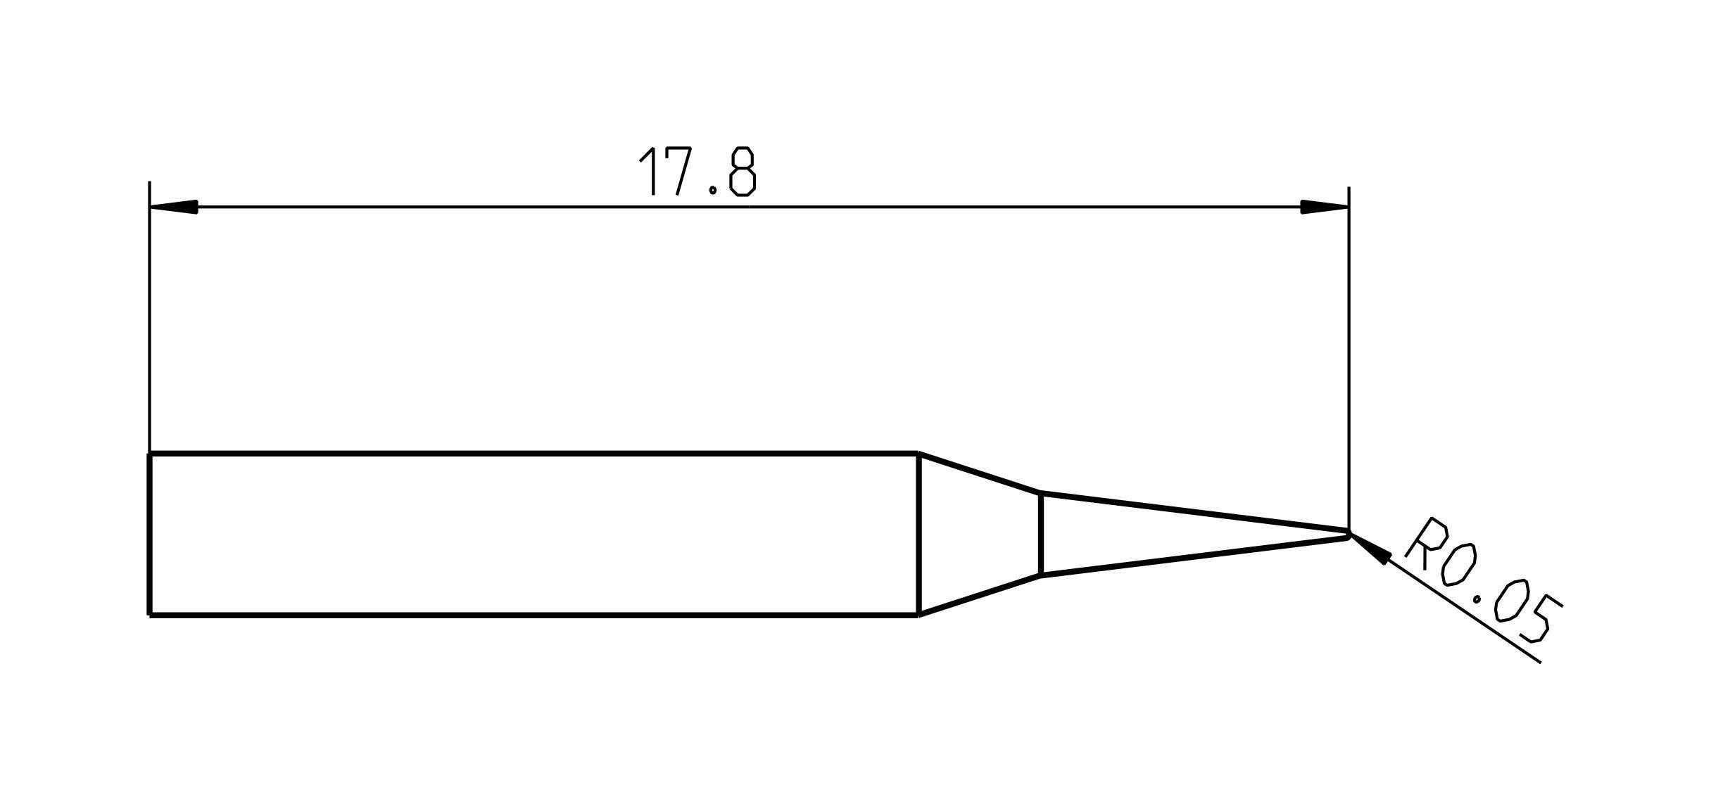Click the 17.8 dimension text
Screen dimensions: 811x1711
tap(697, 172)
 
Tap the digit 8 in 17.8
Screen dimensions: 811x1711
tap(742, 172)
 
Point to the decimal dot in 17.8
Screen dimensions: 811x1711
tap(713, 190)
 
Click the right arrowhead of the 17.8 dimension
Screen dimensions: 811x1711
tap(1324, 207)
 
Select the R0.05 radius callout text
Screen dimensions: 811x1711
tap(1482, 580)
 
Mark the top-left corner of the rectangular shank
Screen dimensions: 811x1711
tap(150, 454)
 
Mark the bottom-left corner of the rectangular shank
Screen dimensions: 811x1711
tap(150, 615)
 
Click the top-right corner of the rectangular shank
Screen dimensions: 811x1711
tap(918, 454)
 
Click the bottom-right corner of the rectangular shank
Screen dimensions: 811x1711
tap(918, 615)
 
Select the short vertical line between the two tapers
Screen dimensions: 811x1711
tap(1040, 535)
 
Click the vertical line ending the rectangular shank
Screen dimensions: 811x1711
tap(918, 535)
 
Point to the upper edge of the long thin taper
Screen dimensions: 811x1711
tap(1197, 511)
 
